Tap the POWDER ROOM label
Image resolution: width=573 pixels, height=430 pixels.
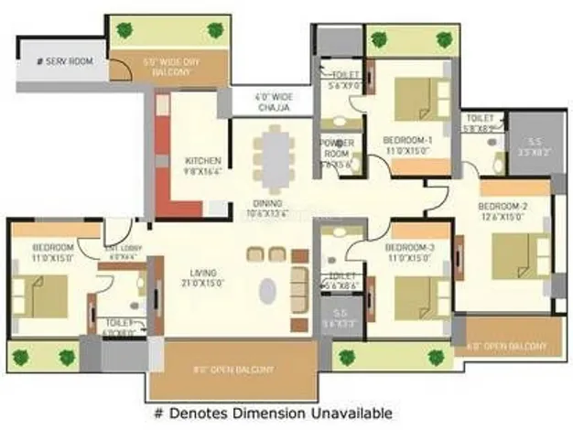coord(336,148)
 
